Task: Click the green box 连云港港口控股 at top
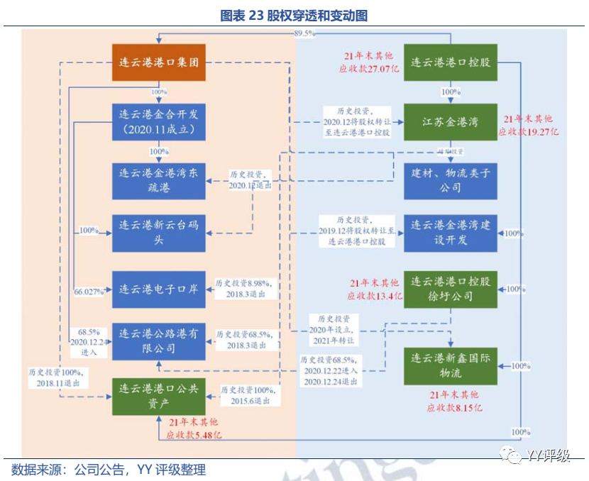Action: click(451, 62)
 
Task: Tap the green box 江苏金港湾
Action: click(451, 121)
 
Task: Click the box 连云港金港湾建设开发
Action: click(451, 233)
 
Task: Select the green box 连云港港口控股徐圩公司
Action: click(451, 289)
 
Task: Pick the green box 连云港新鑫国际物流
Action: click(451, 365)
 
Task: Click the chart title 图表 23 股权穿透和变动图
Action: click(294, 15)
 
